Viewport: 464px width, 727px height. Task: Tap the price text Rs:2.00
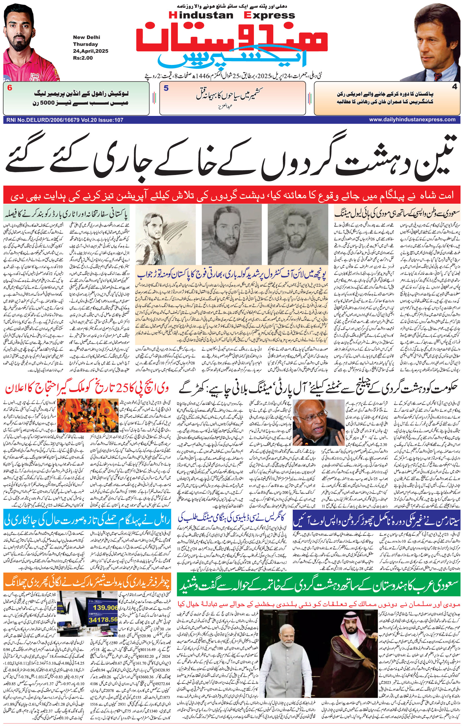(83, 58)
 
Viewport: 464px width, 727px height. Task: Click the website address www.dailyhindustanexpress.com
(412, 120)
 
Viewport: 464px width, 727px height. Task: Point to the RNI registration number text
(64, 120)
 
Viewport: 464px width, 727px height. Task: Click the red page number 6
(10, 88)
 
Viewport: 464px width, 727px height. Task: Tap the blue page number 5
(166, 88)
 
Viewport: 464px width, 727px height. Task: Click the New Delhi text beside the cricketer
(86, 37)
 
